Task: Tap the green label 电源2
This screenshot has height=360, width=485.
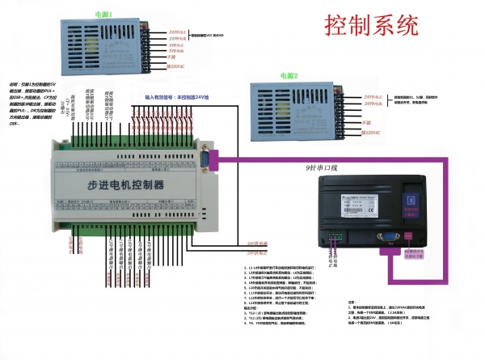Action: [x=287, y=76]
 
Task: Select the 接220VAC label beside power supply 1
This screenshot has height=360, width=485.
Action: [x=176, y=66]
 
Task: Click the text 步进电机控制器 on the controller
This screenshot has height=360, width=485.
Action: [x=125, y=185]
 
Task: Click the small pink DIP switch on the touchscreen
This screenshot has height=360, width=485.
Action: [x=410, y=236]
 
